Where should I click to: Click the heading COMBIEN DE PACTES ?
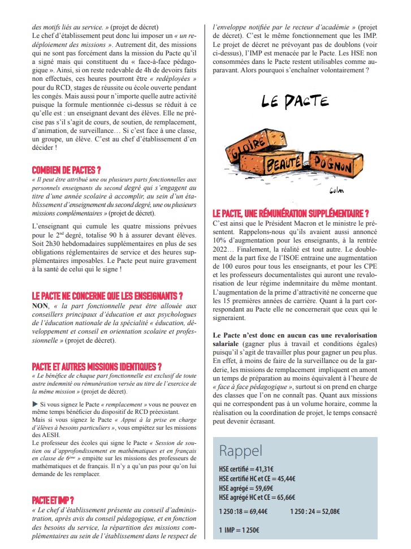[67, 170]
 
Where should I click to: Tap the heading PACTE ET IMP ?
[54, 500]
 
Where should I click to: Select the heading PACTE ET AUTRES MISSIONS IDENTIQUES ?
[97, 366]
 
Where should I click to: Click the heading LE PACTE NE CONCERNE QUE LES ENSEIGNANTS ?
[107, 296]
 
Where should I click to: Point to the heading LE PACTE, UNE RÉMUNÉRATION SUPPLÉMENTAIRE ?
[291, 213]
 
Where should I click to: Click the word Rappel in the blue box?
[240, 451]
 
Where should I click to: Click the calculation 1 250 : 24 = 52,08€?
[315, 511]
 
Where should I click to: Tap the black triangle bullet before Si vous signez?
[35, 404]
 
